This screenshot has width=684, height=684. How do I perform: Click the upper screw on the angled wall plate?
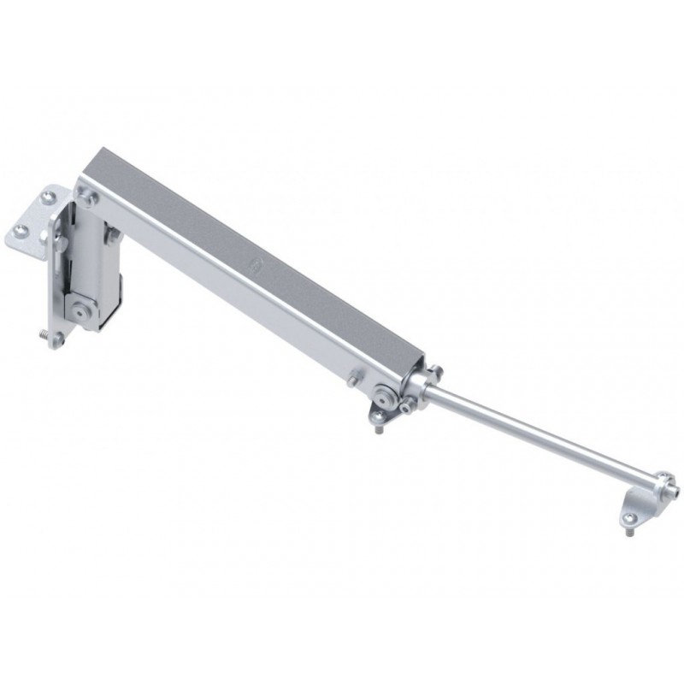point(44,203)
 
